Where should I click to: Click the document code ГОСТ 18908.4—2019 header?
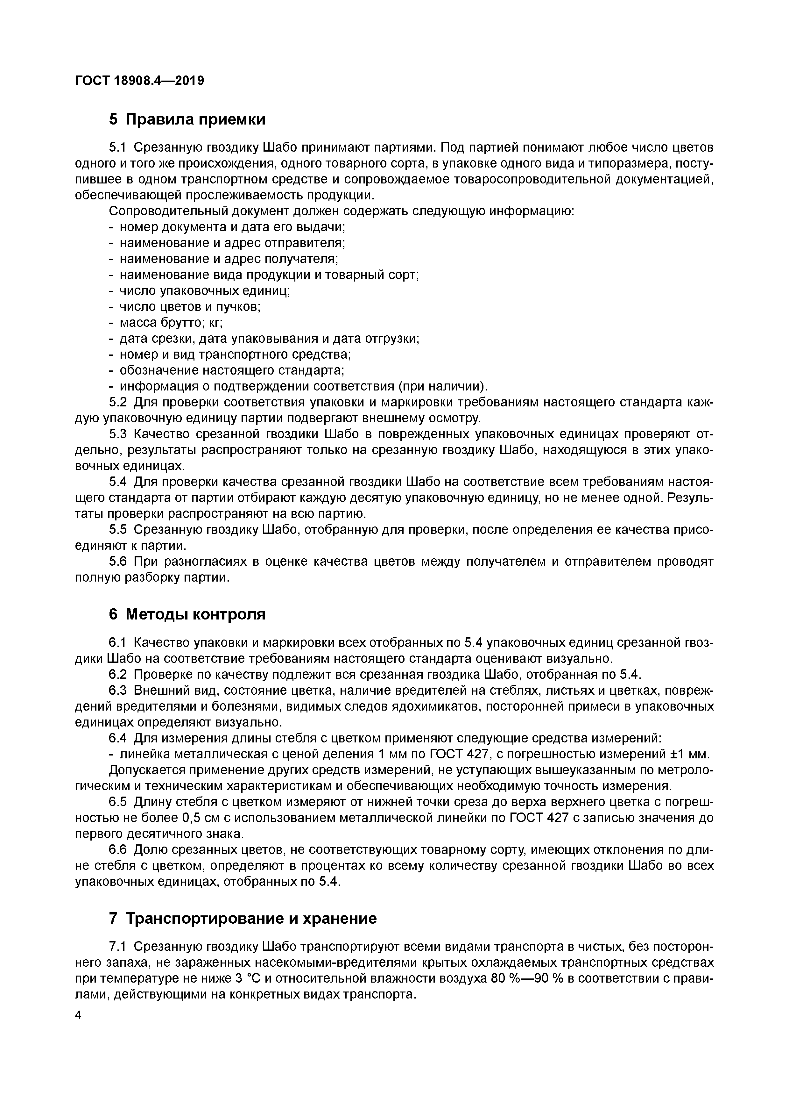tap(139, 81)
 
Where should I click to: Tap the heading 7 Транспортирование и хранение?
tap(243, 919)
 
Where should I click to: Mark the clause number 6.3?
tap(118, 691)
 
